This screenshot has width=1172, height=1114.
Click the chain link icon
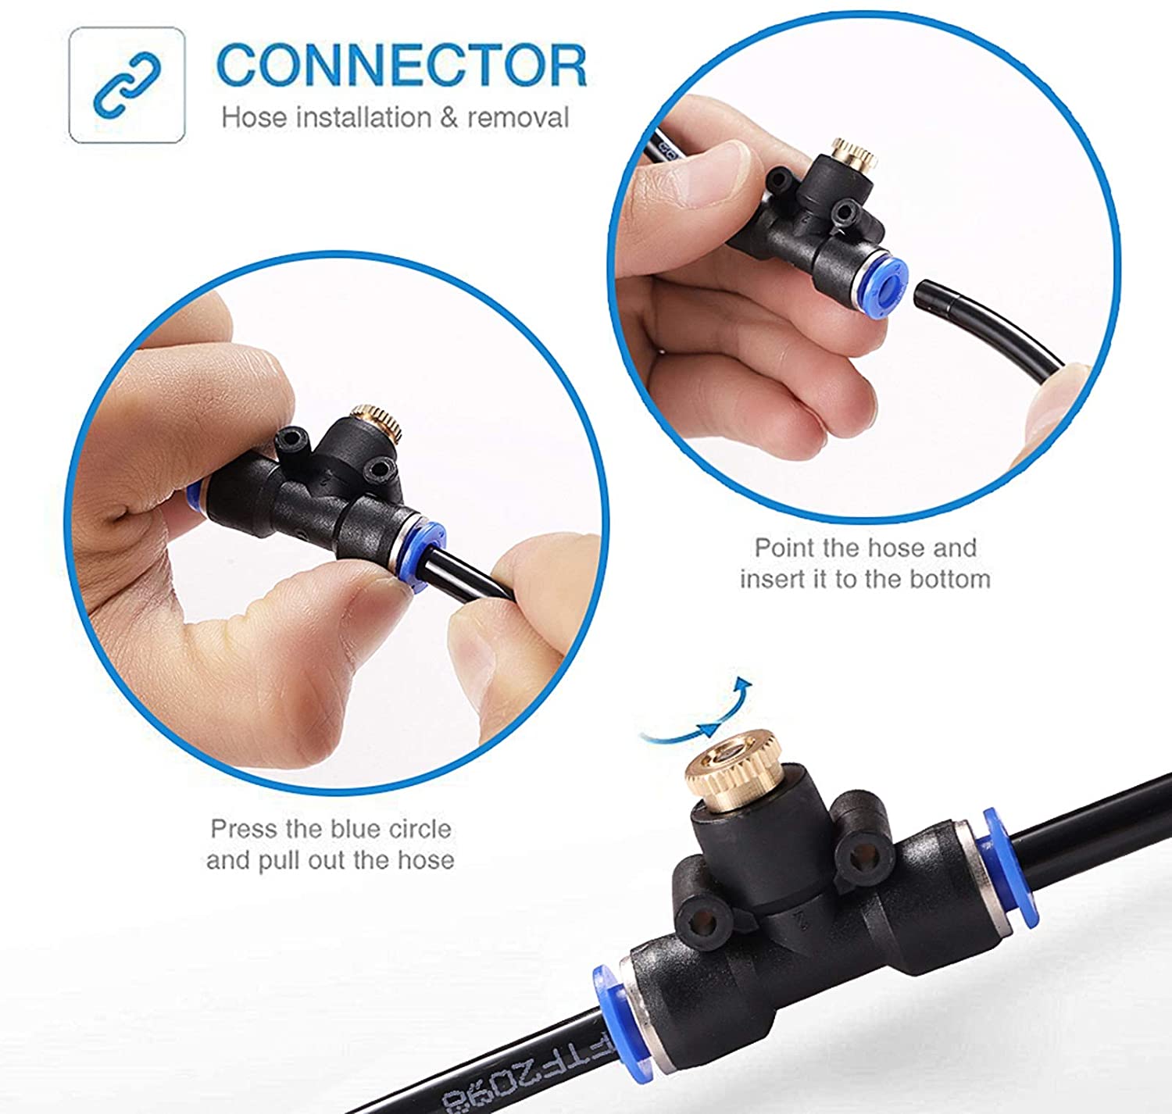click(127, 84)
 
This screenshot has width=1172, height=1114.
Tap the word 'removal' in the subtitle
click(518, 117)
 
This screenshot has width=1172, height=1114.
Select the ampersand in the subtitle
click(449, 117)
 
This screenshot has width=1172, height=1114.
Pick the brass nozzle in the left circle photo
click(376, 423)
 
